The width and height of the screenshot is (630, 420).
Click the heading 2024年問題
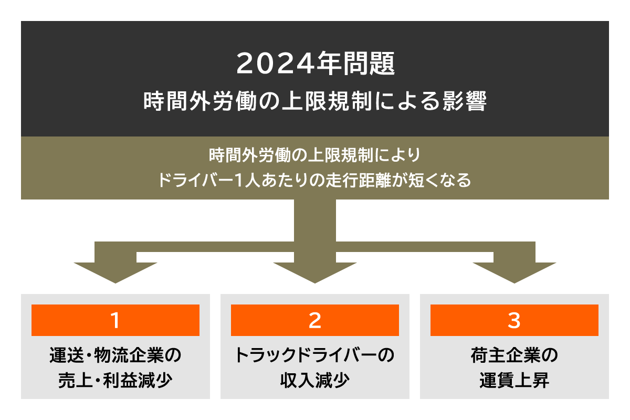coord(315,64)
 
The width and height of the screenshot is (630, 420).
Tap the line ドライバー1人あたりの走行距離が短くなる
coord(315,181)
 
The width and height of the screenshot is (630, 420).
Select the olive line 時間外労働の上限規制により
coord(315,156)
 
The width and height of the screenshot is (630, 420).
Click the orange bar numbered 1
coord(115,320)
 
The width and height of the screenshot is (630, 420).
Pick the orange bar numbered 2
coord(315,320)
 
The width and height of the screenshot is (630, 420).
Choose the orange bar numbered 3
coord(514,320)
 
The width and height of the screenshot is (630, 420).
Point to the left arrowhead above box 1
coord(115,270)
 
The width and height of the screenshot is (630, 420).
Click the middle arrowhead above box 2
coord(315,270)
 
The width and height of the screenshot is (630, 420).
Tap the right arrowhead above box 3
coord(514,270)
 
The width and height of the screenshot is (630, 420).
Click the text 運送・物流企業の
coord(115,355)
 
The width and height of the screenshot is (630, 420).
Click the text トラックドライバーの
coord(315,355)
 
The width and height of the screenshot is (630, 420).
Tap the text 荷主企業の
coord(514,355)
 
